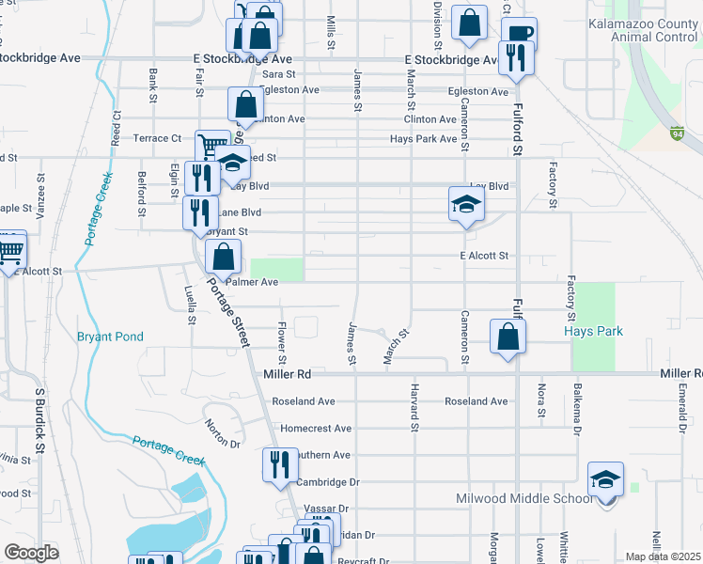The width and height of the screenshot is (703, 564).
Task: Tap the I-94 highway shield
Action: point(676,133)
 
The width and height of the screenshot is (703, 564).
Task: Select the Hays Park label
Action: point(593,331)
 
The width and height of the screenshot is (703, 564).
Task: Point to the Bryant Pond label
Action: point(110,336)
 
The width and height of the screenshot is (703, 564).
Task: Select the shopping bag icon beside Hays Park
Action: point(508,337)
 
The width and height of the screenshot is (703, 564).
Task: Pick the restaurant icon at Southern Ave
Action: point(280,463)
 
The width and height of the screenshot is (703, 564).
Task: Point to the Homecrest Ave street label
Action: point(316,428)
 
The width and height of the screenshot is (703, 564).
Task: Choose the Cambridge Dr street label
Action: point(328,482)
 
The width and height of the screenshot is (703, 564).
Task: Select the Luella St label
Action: point(192,306)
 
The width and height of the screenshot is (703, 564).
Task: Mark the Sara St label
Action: point(279,74)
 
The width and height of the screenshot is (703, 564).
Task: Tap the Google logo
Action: point(30,553)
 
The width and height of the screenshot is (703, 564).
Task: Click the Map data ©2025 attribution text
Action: point(663,556)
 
